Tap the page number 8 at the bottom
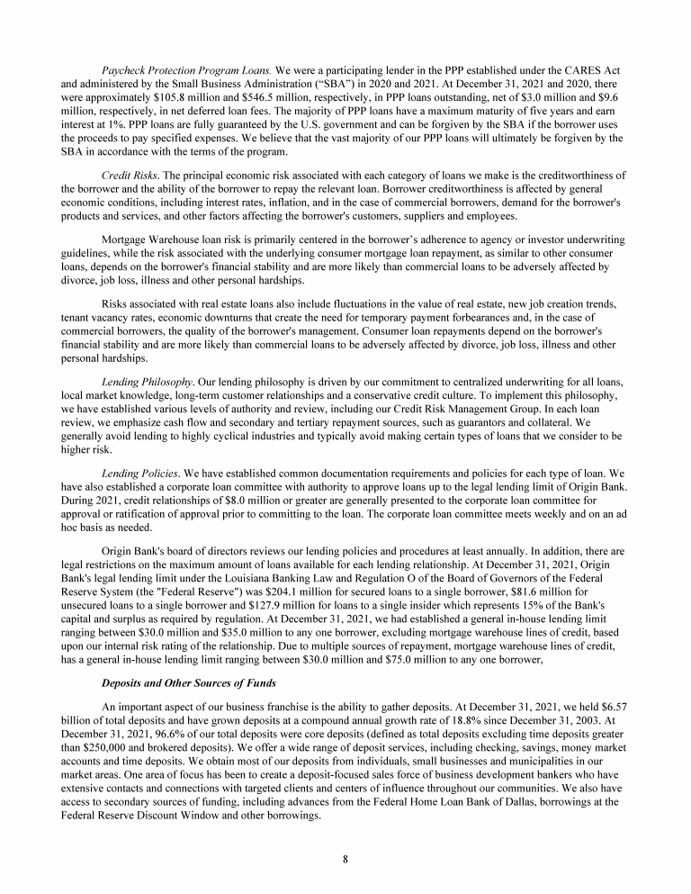(345, 858)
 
